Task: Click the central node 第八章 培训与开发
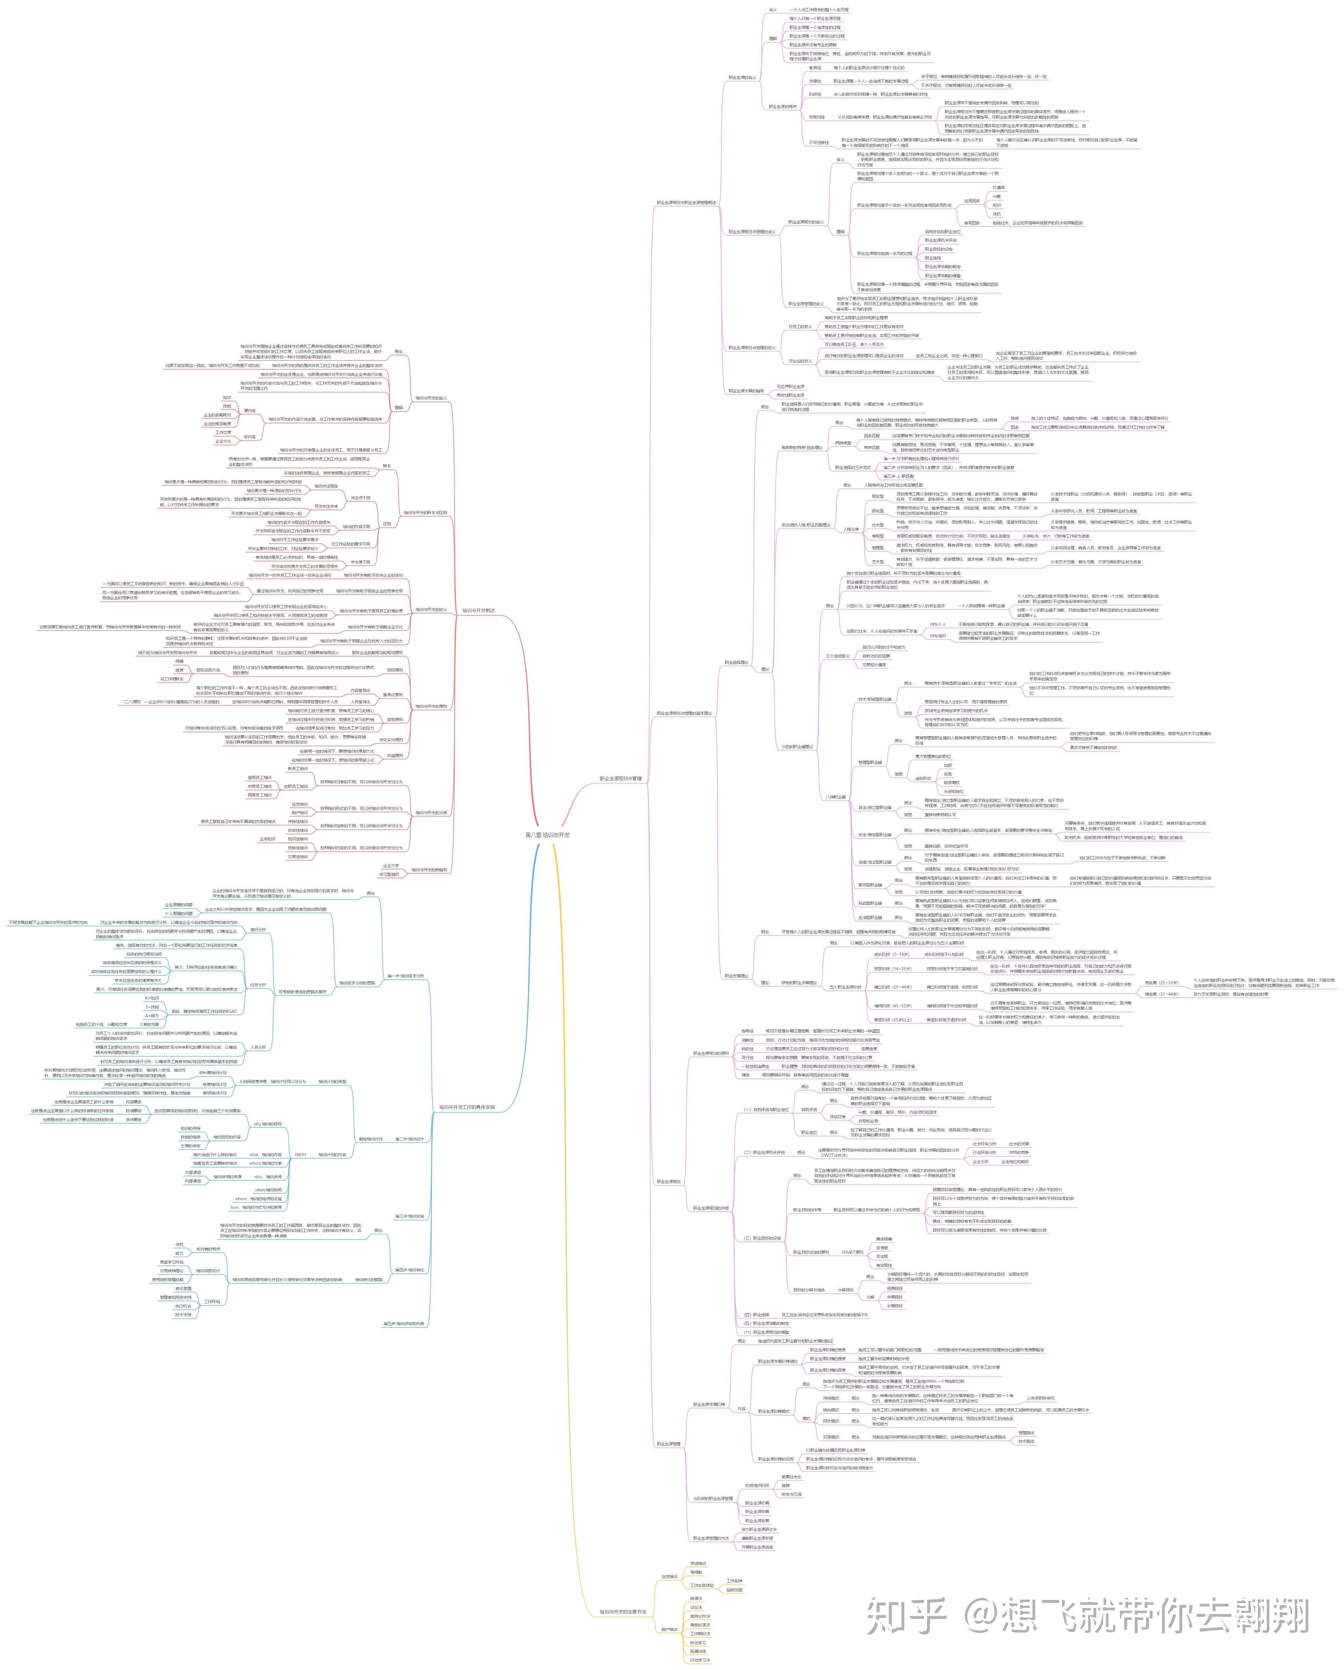coord(547,835)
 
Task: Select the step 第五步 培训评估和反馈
coord(404,1323)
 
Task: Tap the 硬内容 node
coord(249,411)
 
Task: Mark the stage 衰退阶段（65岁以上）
coord(892,1019)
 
